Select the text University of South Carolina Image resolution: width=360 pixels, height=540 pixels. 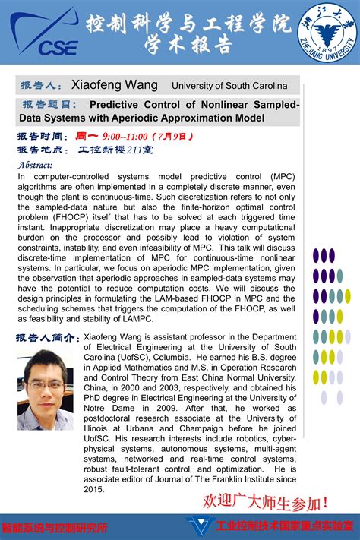coord(229,86)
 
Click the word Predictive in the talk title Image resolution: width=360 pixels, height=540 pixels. coord(121,105)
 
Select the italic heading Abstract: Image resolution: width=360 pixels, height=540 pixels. coord(34,164)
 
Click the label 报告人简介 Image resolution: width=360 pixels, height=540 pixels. coord(48,337)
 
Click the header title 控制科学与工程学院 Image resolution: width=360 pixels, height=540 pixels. coord(188,24)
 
